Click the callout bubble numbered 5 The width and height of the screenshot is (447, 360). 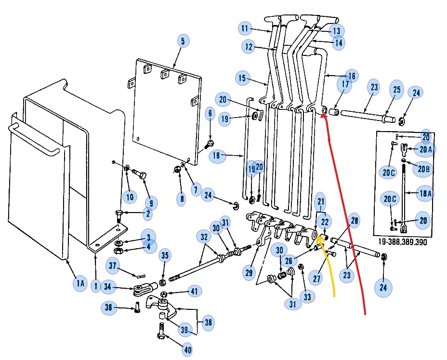(183, 41)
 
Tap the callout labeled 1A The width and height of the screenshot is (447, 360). (80, 284)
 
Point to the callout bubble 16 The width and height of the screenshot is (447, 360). (351, 76)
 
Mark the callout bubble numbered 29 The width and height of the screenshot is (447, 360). (249, 273)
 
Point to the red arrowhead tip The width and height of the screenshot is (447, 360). (324, 116)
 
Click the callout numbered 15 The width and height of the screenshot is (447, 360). (242, 78)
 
